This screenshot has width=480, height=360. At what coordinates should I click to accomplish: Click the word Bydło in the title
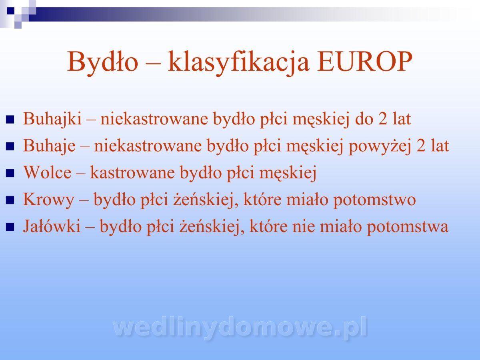tap(102, 62)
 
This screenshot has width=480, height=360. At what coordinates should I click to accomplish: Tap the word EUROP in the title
tap(364, 62)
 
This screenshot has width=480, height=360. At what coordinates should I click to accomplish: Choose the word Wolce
tap(47, 172)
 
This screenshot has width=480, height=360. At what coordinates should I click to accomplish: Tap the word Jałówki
tap(52, 226)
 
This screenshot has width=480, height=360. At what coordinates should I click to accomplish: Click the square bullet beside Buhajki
tap(10, 120)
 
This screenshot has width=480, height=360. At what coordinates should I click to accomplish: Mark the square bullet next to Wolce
tap(10, 173)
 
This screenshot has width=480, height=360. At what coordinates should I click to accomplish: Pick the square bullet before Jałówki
tap(10, 227)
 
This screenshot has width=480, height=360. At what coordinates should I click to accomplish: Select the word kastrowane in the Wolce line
tap(132, 172)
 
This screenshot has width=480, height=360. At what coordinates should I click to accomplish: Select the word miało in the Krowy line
tap(307, 199)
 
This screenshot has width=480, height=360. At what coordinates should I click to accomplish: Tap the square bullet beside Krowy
tap(10, 200)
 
